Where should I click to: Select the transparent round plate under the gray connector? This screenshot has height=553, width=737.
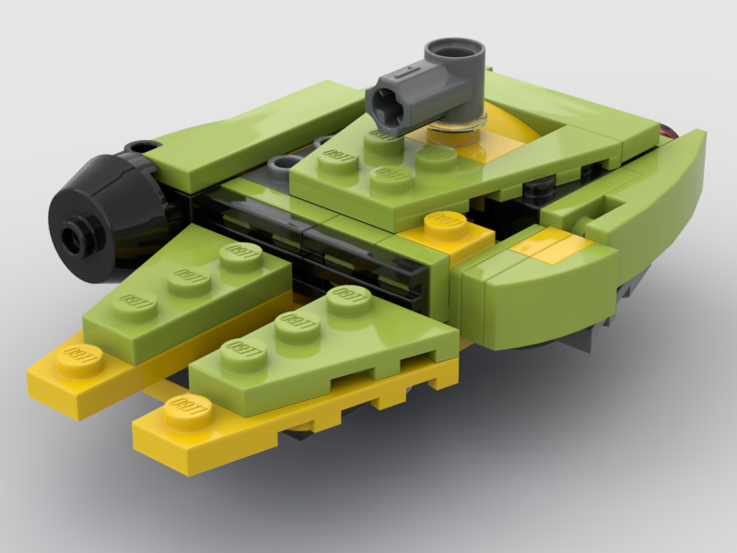458,130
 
